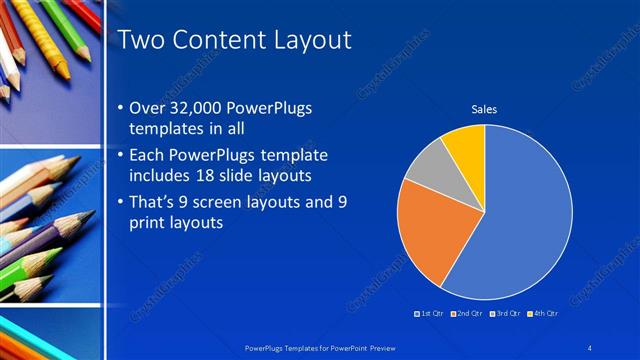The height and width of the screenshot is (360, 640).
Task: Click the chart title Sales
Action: (x=484, y=110)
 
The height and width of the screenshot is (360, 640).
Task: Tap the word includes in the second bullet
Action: (x=160, y=175)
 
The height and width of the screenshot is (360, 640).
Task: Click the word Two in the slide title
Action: (x=141, y=41)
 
